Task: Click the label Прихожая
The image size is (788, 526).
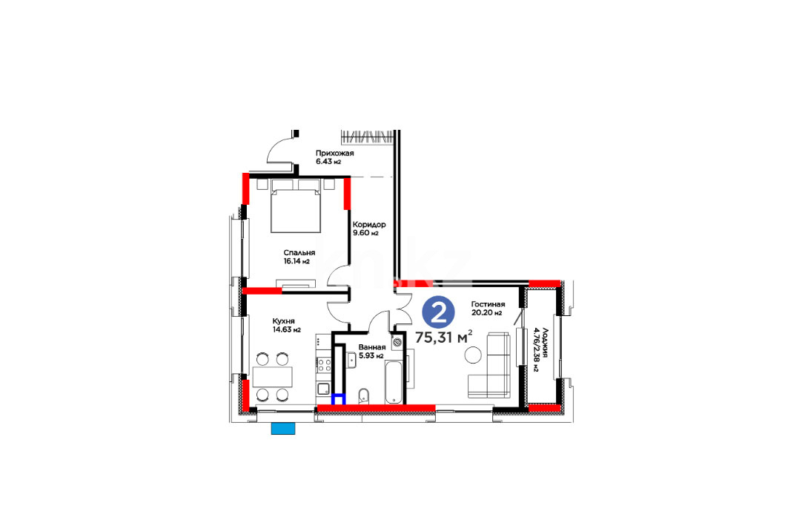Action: click(334, 154)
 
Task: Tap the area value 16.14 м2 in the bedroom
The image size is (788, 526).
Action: click(297, 261)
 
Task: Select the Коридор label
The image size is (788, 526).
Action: click(369, 225)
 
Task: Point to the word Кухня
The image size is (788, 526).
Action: click(283, 321)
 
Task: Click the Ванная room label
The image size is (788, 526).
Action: click(372, 347)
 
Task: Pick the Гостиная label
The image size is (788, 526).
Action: click(488, 304)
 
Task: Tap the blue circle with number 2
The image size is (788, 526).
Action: click(439, 313)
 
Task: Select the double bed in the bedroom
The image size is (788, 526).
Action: click(296, 206)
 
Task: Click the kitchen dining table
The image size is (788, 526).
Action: click(272, 377)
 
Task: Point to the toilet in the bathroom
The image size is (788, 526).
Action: click(365, 395)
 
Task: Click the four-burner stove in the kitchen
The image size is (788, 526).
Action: click(324, 364)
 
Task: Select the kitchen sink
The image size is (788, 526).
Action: click(324, 388)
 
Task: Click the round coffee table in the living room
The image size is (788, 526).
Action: click(473, 355)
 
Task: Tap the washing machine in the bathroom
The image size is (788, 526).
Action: click(397, 341)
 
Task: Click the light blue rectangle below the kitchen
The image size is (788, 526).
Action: click(283, 429)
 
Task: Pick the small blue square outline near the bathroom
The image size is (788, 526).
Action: click(339, 399)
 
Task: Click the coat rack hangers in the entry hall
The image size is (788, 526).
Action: click(366, 137)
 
